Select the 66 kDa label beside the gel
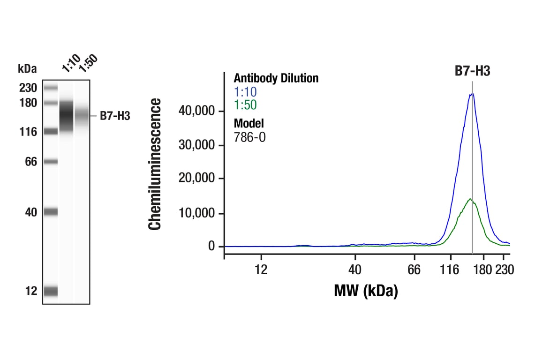pyautogui.click(x=30, y=162)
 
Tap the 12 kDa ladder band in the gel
pyautogui.click(x=51, y=291)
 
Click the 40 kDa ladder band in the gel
pyautogui.click(x=51, y=212)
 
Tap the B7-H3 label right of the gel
pyautogui.click(x=115, y=116)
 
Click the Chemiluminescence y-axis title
pyautogui.click(x=155, y=164)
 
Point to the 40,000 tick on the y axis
pyautogui.click(x=198, y=111)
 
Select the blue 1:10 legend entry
pyautogui.click(x=245, y=91)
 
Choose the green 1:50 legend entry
pyautogui.click(x=245, y=105)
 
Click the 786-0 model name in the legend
pyautogui.click(x=249, y=137)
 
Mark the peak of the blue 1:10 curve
pyautogui.click(x=472, y=94)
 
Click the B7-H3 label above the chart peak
pyautogui.click(x=472, y=71)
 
